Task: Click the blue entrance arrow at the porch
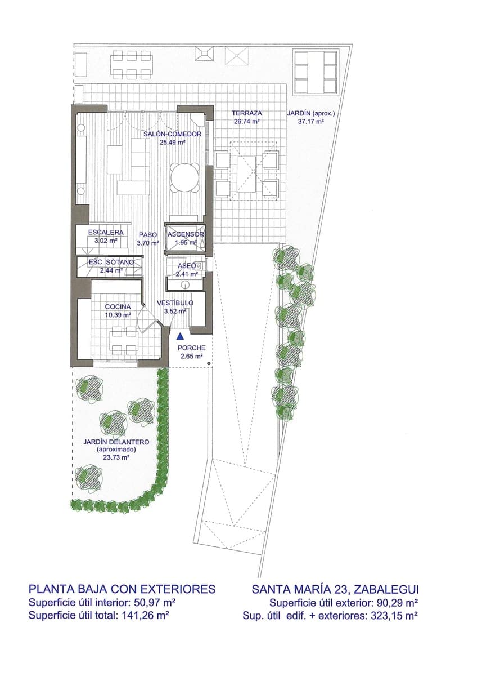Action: coord(179,336)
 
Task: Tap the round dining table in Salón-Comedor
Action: coord(185,177)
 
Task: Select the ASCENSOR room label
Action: coord(186,234)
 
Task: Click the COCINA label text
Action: coord(118,307)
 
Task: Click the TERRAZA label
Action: coord(246,113)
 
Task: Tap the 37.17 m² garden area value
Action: coord(310,121)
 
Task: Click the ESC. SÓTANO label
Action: coord(111,263)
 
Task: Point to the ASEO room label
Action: coord(186,266)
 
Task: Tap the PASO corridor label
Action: coord(147,235)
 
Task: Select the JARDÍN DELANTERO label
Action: coord(116,443)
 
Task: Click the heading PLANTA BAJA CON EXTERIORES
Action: coord(122,589)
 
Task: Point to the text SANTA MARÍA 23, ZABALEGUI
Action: coord(335,589)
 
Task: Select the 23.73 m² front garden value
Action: coord(116,459)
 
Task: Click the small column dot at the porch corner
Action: coord(209,364)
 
